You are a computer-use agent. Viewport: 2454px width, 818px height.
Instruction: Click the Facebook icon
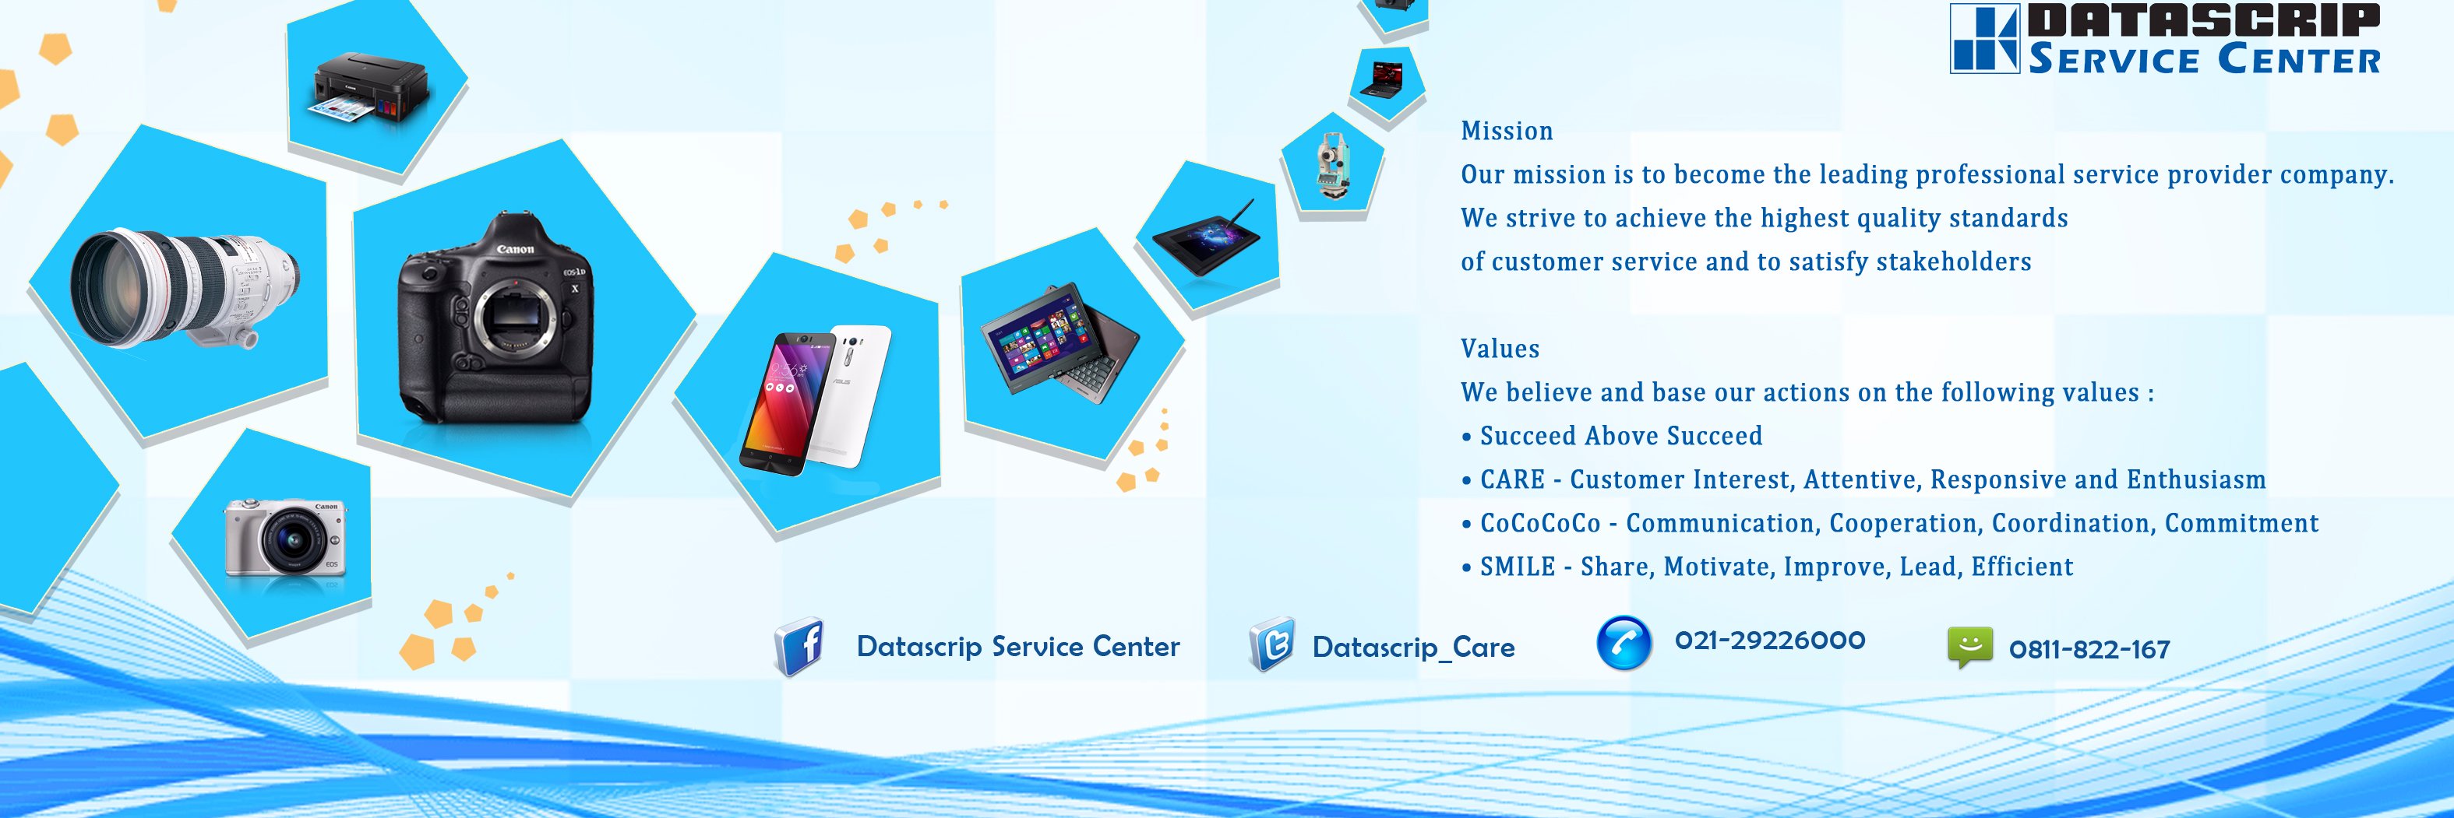(800, 647)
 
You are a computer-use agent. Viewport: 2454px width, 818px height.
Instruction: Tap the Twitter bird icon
(1271, 644)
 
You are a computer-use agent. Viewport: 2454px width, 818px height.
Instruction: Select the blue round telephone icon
(1624, 643)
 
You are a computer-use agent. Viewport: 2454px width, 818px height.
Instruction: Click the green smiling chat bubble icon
(1969, 647)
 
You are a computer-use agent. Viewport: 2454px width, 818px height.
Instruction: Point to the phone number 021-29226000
(1770, 640)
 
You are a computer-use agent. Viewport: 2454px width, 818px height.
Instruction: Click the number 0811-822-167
(2089, 649)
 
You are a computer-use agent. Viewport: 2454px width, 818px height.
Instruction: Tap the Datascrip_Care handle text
(1412, 648)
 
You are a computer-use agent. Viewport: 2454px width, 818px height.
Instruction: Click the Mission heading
(1506, 131)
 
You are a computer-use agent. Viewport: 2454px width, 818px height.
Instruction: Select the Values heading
(1500, 349)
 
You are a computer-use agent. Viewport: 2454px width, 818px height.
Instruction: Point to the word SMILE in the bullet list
(1517, 567)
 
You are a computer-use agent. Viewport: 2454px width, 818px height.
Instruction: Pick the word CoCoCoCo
(1539, 523)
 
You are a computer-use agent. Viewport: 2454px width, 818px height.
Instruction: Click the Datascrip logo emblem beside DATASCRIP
(1984, 38)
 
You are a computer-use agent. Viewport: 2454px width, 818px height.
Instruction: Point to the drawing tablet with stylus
(1206, 237)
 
